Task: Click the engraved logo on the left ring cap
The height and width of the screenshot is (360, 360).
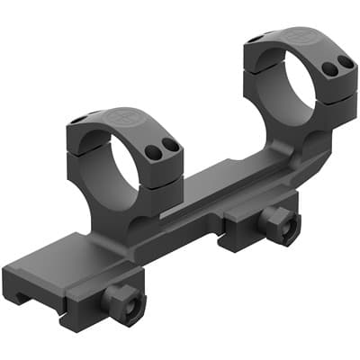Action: pyautogui.click(x=121, y=118)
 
